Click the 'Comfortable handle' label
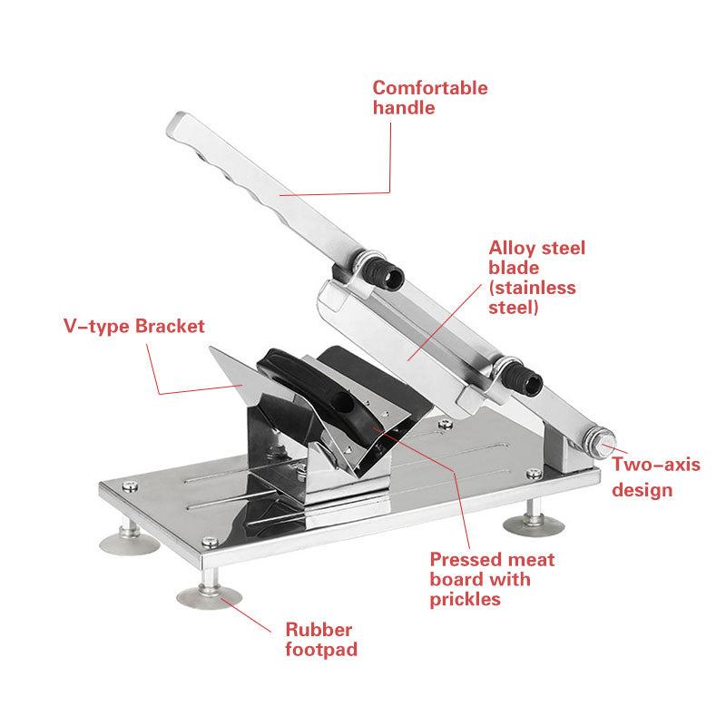point(430,98)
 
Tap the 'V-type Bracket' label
point(133,327)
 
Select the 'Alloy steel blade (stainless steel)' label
point(536,278)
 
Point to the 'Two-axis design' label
point(656,477)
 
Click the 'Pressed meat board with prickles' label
point(492,579)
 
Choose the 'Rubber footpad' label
point(321,640)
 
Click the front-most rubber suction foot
point(210,596)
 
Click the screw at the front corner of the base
point(210,541)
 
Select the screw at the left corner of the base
point(130,486)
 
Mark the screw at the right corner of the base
point(534,473)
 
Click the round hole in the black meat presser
point(343,402)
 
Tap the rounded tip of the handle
point(175,123)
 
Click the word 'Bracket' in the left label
point(170,327)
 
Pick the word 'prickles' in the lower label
point(465,600)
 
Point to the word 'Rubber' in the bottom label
point(319,630)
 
